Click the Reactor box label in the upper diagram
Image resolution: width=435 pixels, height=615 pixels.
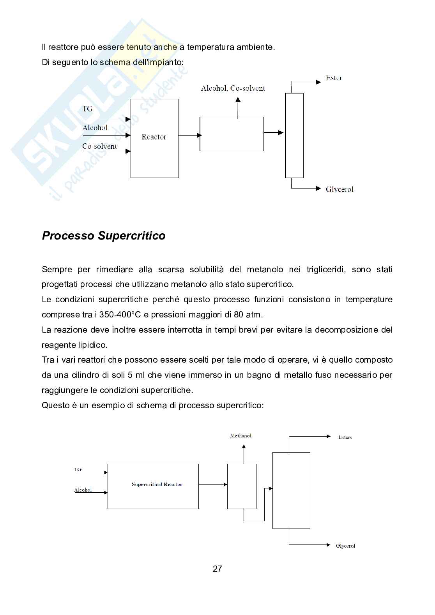click(154, 137)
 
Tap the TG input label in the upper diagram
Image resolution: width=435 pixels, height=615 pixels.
click(87, 109)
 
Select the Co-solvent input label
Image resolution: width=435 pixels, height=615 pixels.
click(99, 146)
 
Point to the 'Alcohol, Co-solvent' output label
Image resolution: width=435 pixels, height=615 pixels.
click(233, 88)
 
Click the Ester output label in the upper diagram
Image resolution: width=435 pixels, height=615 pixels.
click(334, 78)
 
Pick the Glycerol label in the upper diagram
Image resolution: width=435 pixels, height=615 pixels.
click(340, 189)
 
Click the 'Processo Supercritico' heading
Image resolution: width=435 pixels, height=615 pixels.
click(104, 236)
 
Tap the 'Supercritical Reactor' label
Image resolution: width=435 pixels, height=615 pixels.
click(157, 485)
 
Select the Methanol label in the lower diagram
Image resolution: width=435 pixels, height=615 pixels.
click(240, 435)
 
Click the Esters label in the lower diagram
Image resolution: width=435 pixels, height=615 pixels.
click(345, 437)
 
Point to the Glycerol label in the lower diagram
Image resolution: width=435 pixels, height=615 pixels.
click(345, 546)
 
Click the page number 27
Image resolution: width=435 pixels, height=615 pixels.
click(217, 569)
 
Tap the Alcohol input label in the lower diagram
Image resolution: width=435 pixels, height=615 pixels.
click(83, 490)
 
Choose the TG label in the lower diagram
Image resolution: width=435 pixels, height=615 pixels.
click(78, 469)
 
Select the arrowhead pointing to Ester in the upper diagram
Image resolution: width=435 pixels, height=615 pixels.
click(318, 82)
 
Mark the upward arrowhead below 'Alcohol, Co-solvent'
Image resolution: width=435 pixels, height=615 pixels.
click(238, 99)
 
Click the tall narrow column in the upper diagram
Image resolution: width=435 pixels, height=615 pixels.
click(294, 135)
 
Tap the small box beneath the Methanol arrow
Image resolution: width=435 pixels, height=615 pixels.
click(242, 486)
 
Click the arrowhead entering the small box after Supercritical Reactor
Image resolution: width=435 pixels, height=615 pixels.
click(225, 485)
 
